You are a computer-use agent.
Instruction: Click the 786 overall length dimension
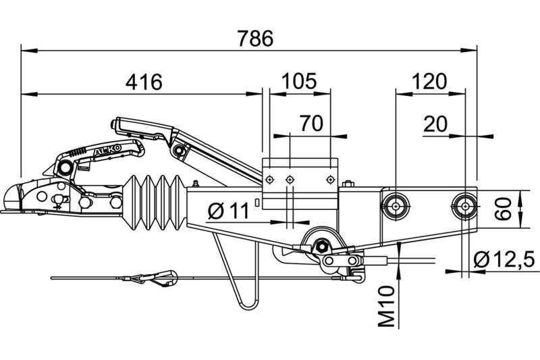pos(255,38)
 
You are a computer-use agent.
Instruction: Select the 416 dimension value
pos(144,82)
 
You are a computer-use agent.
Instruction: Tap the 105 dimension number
pos(299,81)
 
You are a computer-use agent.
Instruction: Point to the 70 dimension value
pos(311,124)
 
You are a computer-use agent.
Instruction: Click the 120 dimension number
pos(429,82)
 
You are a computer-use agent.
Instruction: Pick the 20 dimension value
pos(435,124)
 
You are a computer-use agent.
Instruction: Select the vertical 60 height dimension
pos(503,209)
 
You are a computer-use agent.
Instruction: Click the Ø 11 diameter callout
pos(228,211)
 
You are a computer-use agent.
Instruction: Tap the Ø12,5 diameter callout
pos(504,259)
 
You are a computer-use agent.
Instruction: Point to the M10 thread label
pos(386,306)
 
